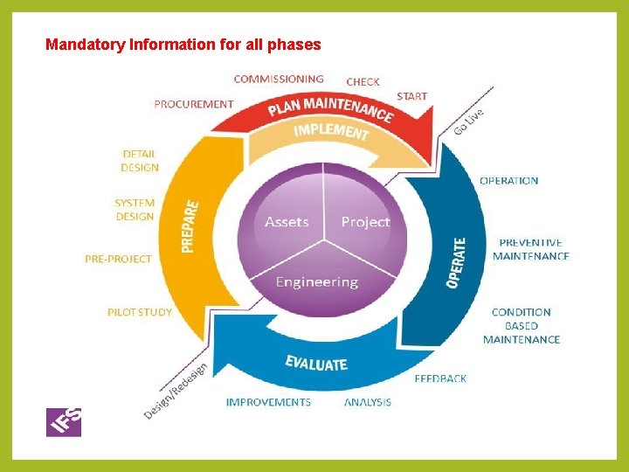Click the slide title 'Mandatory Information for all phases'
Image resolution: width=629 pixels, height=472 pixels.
[x=183, y=44]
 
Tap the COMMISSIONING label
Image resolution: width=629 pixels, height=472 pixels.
[x=279, y=80]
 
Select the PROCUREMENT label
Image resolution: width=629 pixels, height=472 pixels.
[x=193, y=104]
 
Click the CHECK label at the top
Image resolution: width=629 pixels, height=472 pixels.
[x=363, y=81]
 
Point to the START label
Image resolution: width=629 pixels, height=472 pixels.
[x=411, y=95]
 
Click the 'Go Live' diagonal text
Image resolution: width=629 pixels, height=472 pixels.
[x=469, y=121]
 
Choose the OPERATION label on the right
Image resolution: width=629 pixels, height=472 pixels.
[x=508, y=181]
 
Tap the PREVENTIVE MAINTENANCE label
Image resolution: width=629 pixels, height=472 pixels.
[x=530, y=249]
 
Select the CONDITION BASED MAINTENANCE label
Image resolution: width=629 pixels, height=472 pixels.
[x=522, y=325]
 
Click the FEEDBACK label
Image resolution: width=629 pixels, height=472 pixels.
[x=440, y=378]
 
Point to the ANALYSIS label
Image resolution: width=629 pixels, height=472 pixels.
[x=367, y=402]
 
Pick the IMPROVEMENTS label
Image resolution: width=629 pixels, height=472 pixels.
[x=268, y=402]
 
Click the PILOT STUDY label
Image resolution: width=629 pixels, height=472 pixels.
[x=139, y=311]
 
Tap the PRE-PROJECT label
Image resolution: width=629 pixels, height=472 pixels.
[x=118, y=259]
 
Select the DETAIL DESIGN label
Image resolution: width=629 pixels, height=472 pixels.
[x=140, y=161]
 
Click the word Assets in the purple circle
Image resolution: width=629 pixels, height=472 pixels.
[x=287, y=222]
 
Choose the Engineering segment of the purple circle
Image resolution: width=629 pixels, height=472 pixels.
[x=316, y=281]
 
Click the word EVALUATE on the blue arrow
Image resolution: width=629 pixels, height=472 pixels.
[x=316, y=363]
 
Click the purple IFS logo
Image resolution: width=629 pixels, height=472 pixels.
[x=64, y=421]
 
